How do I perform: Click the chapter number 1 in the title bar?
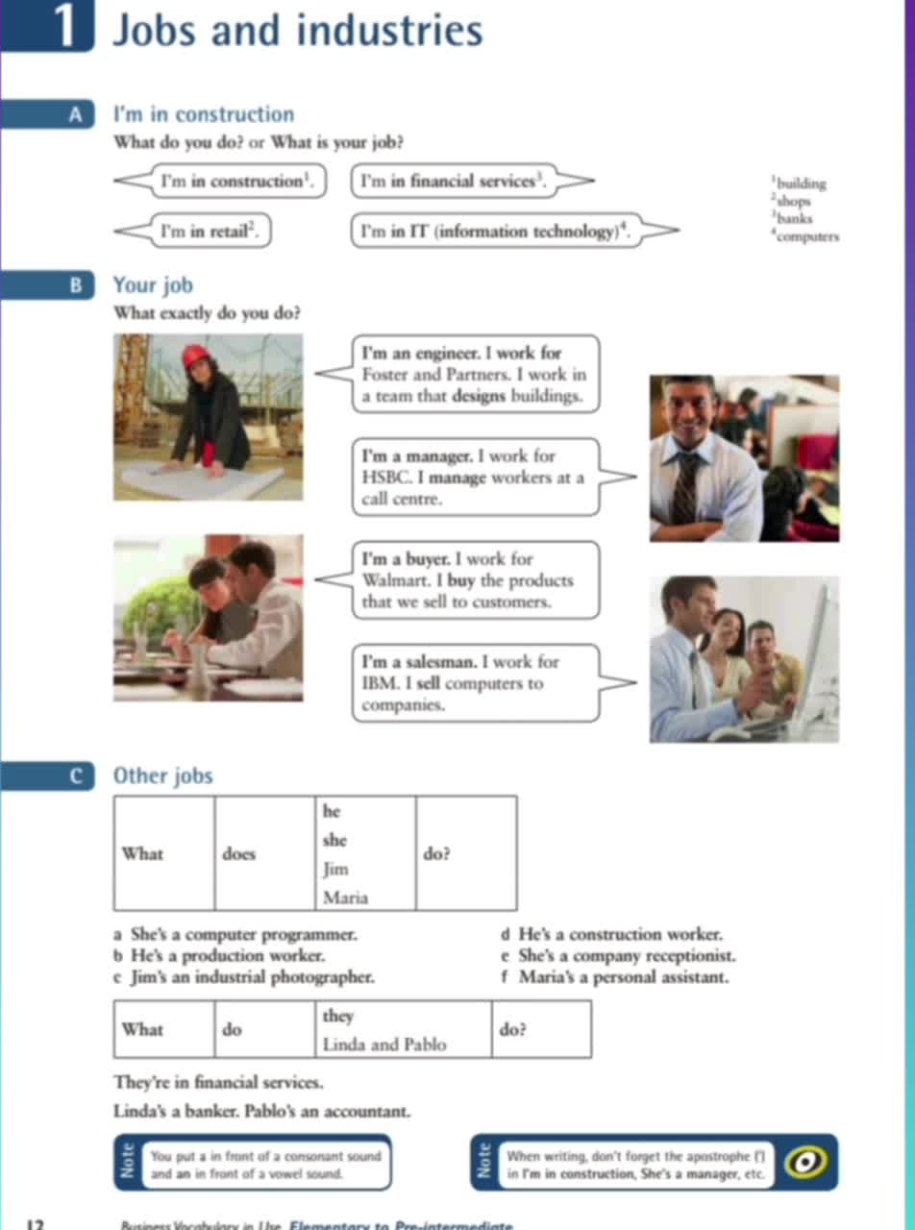65,29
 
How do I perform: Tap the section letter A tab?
75,115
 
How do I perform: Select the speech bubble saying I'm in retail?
213,231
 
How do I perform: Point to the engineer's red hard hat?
196,357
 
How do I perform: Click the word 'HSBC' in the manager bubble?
387,478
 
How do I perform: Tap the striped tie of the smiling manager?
686,487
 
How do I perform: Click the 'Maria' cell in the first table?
346,898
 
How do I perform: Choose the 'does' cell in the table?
239,853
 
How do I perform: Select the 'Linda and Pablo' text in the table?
384,1044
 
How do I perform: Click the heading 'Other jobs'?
162,775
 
